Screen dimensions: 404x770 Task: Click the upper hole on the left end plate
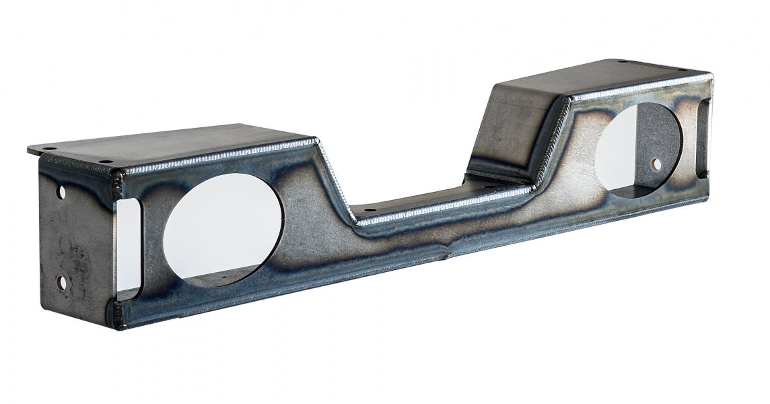(x=62, y=192)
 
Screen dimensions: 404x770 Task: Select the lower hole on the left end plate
(x=62, y=283)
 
